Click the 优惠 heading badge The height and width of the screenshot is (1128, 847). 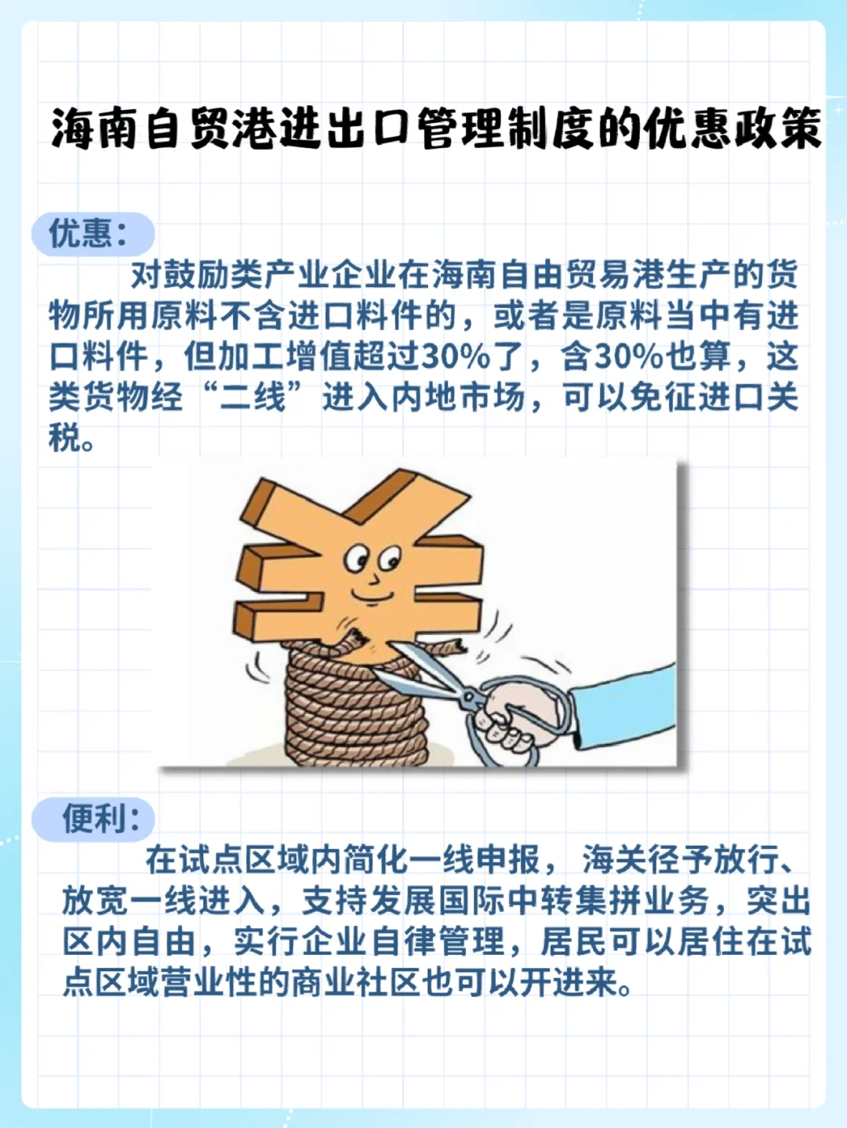click(x=92, y=233)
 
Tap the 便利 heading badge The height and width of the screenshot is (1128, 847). click(x=93, y=819)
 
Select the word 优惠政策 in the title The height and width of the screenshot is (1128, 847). click(x=732, y=129)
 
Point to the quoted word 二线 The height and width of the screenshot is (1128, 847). click(x=253, y=397)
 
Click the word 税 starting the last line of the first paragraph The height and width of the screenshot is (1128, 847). click(x=64, y=438)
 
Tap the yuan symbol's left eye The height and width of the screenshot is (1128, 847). click(x=357, y=559)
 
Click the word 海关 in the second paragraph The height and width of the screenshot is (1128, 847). click(x=615, y=860)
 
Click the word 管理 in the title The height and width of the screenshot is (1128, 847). click(x=460, y=129)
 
